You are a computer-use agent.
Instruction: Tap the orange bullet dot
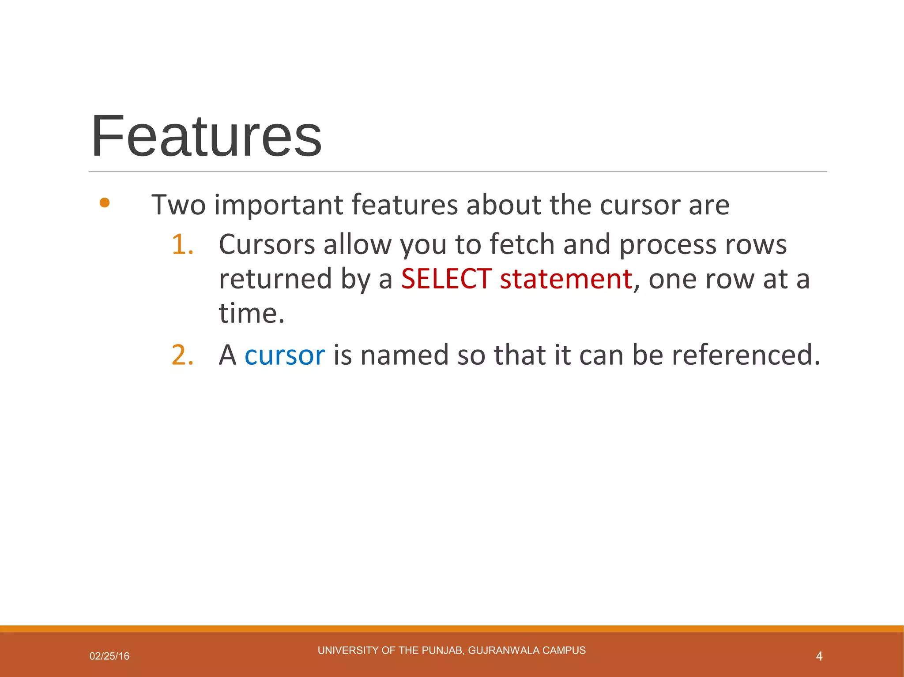[x=105, y=203]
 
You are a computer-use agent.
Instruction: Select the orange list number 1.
[x=182, y=244]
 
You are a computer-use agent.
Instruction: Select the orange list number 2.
[x=182, y=355]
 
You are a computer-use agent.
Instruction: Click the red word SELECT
[x=446, y=279]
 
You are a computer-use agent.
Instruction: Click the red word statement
[x=566, y=279]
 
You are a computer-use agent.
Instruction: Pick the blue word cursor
[x=285, y=355]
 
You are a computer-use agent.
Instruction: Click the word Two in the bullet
[x=178, y=205]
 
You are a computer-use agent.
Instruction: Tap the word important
[x=279, y=205]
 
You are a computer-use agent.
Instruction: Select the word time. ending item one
[x=252, y=313]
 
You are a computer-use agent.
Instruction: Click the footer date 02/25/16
[x=109, y=656]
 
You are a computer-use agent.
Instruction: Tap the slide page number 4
[x=819, y=656]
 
